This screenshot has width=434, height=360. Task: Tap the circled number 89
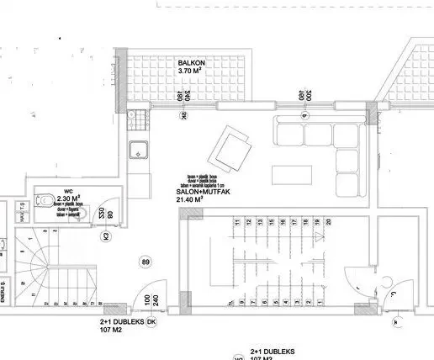pos(146,264)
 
